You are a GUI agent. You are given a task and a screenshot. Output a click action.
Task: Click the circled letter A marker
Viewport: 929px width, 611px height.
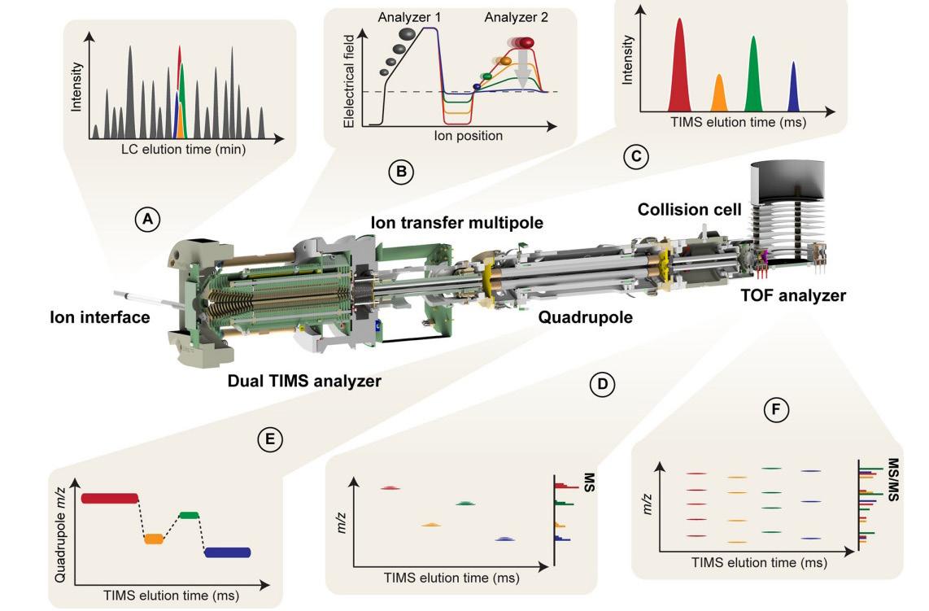click(146, 219)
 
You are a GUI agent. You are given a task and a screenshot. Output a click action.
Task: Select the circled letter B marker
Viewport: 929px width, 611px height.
click(401, 171)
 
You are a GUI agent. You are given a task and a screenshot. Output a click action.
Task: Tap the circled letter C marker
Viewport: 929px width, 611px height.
click(636, 155)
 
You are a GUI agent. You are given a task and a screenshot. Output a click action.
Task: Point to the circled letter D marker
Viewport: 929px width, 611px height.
click(603, 384)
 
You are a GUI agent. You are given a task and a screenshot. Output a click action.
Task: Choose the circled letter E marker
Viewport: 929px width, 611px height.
click(269, 439)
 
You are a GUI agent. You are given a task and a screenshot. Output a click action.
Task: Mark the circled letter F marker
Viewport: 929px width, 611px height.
click(778, 411)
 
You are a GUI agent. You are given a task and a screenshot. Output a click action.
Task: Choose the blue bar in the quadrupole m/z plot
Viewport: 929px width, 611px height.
click(228, 552)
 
